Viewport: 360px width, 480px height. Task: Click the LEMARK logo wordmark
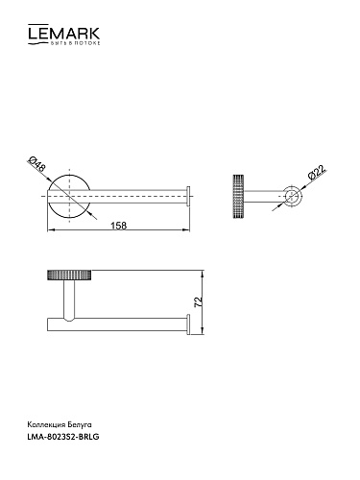pyautogui.click(x=63, y=33)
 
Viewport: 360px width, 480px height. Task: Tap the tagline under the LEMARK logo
pyautogui.click(x=74, y=43)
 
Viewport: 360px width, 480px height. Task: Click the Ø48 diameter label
pyautogui.click(x=37, y=165)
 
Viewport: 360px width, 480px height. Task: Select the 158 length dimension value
pyautogui.click(x=119, y=226)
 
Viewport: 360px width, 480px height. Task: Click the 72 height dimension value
pyautogui.click(x=199, y=302)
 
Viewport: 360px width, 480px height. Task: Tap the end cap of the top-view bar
pyautogui.click(x=189, y=195)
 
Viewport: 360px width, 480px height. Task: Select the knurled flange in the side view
pyautogui.click(x=238, y=196)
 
